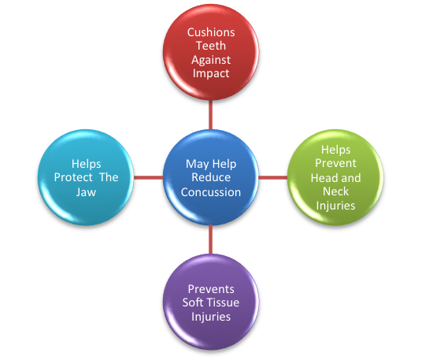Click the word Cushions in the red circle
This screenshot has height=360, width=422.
211,32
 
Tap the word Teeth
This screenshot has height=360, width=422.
211,46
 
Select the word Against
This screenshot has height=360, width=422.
211,60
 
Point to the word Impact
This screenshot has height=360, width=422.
211,73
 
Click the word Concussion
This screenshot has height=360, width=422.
211,192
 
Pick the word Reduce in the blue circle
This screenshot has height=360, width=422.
211,177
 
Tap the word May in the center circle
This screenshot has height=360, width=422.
197,165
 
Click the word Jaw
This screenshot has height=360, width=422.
86,192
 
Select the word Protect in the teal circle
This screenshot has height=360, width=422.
73,177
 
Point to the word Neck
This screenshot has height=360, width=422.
335,191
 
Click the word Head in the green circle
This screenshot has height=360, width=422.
320,178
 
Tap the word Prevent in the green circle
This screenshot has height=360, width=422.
335,163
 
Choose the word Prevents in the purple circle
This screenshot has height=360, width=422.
211,289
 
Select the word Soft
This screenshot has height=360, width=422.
193,302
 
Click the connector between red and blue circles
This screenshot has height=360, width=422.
210,115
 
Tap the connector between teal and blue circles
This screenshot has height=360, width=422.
148,177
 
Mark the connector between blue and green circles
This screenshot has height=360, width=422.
273,177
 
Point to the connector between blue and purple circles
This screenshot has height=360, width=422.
210,239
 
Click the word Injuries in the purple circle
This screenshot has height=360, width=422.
211,317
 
